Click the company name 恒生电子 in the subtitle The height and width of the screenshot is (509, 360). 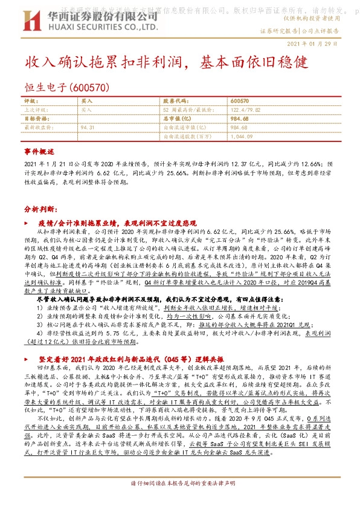(x=46, y=87)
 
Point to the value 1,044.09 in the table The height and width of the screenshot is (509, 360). (x=242, y=137)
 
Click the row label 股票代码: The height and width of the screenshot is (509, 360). (x=175, y=101)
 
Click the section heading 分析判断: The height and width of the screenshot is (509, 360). (x=41, y=209)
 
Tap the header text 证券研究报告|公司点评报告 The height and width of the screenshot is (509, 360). (x=298, y=30)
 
